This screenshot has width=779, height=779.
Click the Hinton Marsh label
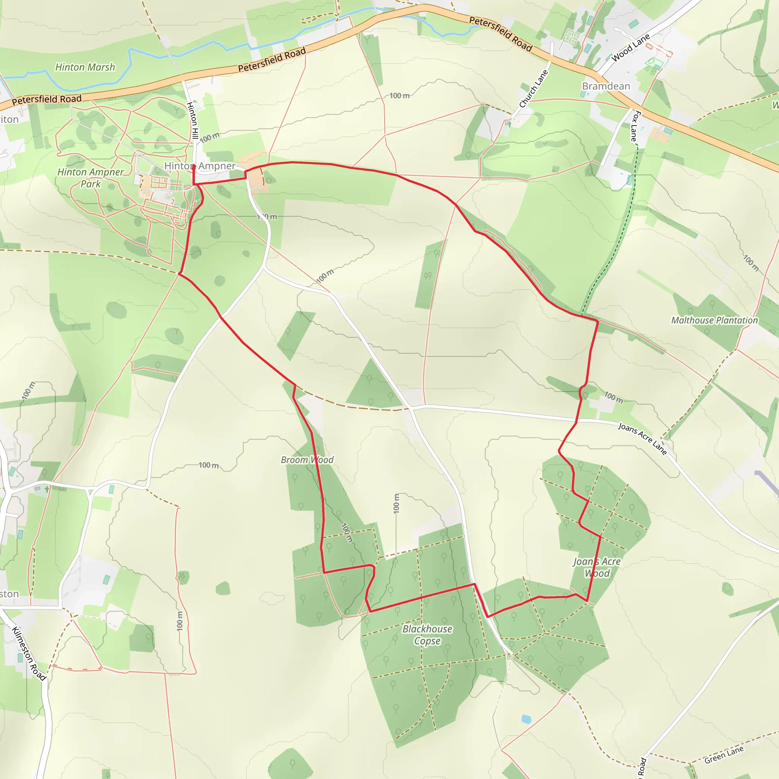(85, 67)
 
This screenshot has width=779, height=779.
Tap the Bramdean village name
(606, 86)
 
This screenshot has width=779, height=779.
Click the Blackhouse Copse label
(427, 635)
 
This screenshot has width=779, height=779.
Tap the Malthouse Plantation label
(714, 320)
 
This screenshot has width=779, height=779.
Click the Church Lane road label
(533, 89)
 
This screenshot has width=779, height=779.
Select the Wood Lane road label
(631, 48)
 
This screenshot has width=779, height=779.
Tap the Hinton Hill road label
(192, 120)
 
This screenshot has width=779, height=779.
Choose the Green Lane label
(724, 755)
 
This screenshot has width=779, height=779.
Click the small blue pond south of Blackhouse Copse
(526, 719)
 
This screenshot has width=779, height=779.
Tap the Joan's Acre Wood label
(597, 567)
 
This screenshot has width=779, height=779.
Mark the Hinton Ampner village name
(200, 166)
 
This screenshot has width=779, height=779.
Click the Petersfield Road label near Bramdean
(501, 34)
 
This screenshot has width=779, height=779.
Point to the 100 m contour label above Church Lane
(399, 95)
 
